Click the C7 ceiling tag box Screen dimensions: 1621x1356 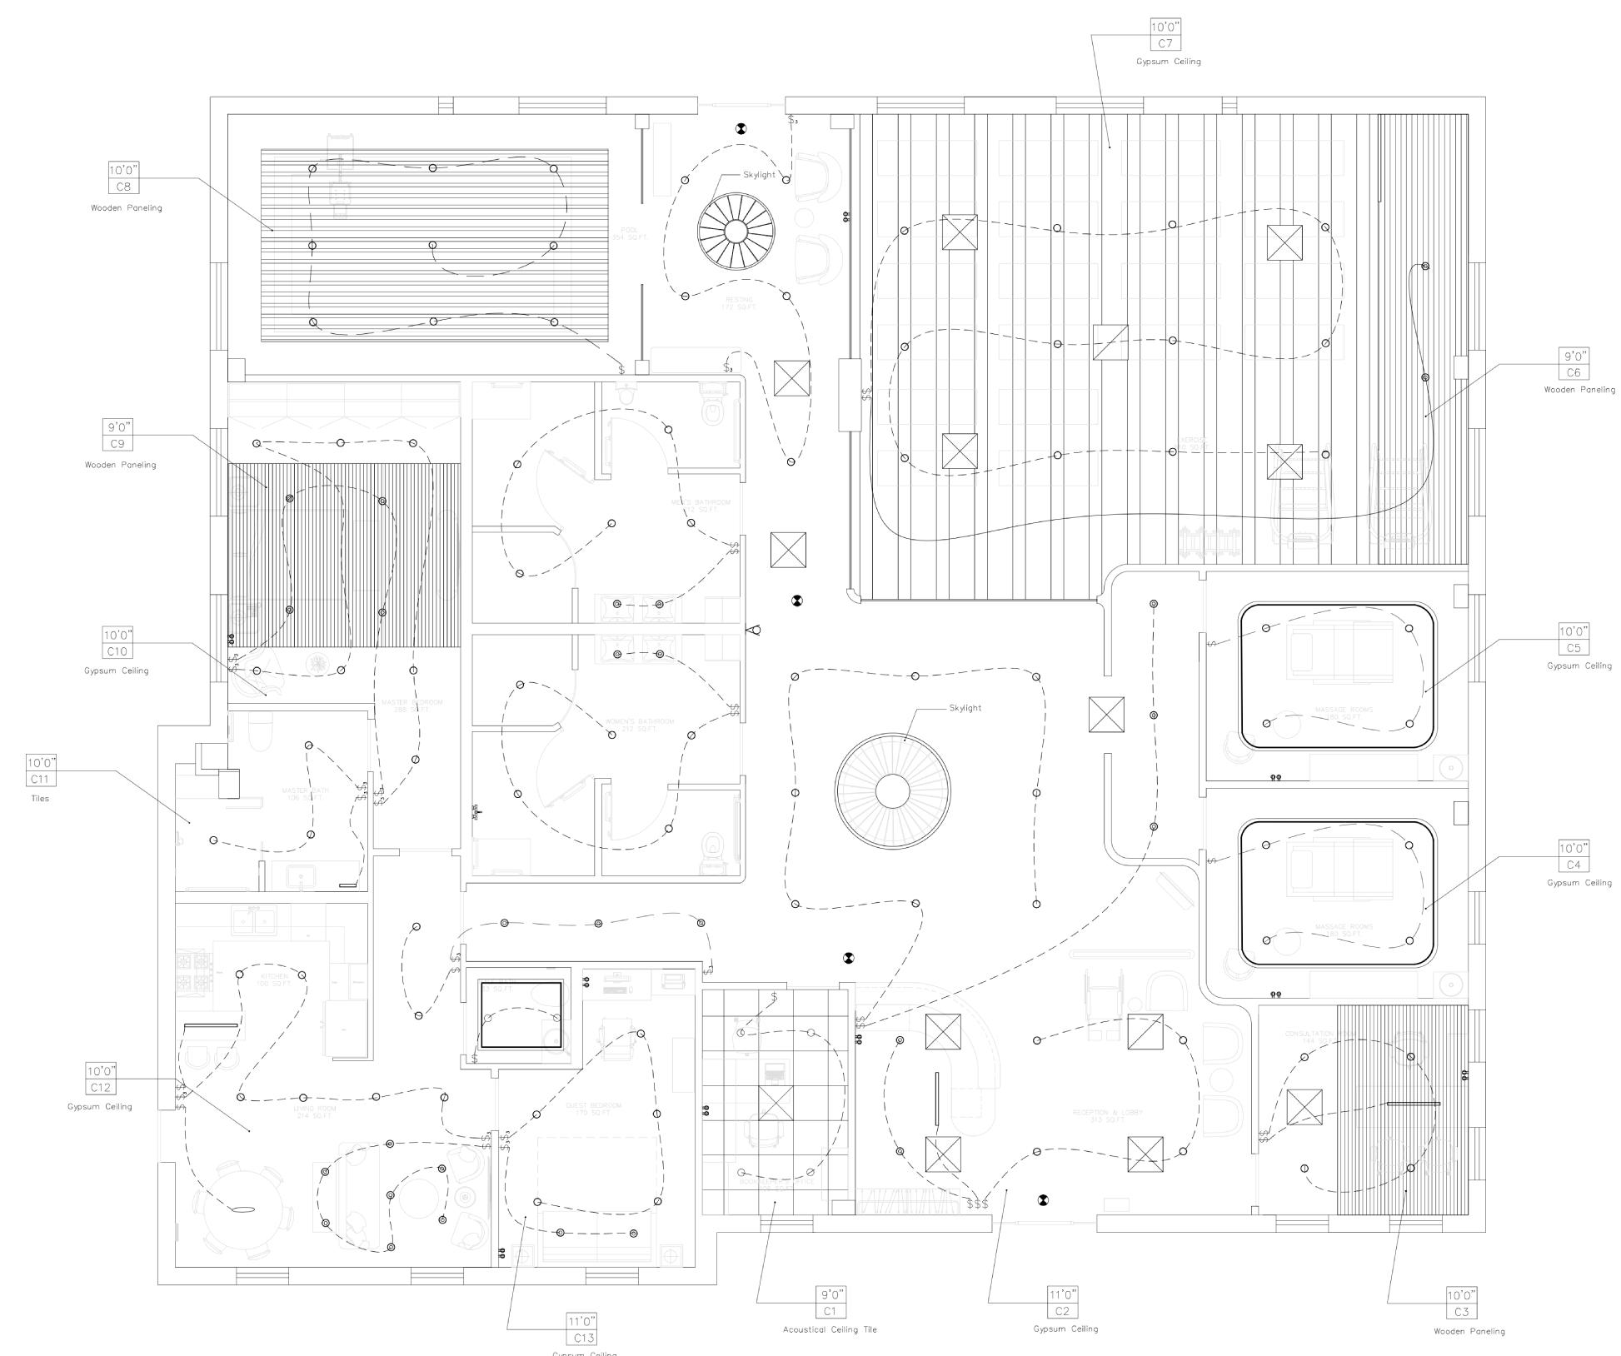point(1165,43)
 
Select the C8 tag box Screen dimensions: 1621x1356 point(123,187)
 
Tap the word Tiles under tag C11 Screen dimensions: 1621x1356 point(40,798)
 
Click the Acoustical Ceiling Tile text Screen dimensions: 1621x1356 point(830,1329)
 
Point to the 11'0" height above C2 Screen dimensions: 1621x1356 point(1062,1294)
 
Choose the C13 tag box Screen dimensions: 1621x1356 point(583,1338)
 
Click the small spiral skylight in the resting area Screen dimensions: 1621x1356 point(736,232)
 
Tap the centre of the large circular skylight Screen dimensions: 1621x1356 point(892,790)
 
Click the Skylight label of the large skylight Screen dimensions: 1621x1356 point(965,708)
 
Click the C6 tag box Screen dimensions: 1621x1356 point(1573,373)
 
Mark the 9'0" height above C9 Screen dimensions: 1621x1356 point(117,427)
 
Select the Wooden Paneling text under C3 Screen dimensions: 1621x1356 point(1469,1331)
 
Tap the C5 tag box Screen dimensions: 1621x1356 point(1573,648)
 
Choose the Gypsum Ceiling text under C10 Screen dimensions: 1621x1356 point(117,671)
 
